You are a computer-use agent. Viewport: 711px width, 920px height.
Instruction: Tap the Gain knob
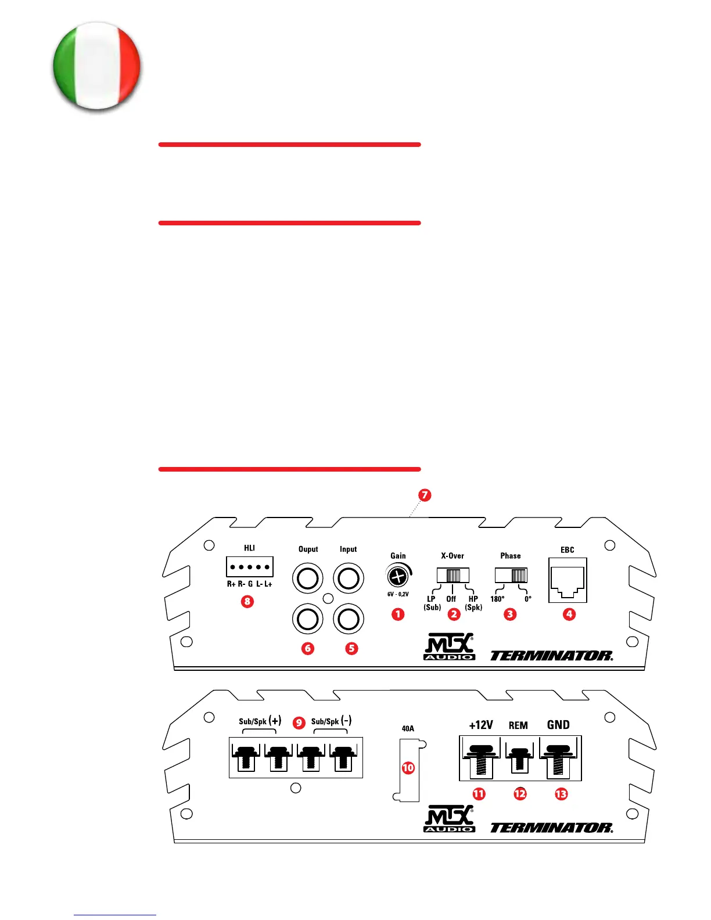397,576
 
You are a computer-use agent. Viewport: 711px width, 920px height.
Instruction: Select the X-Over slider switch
453,575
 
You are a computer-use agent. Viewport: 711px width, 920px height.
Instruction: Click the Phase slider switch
511,575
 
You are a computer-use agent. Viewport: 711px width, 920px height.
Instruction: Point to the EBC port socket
568,580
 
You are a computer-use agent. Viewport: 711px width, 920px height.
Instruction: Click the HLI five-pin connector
250,566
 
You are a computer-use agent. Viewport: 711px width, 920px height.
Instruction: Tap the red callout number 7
425,495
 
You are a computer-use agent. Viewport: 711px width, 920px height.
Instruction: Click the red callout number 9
299,723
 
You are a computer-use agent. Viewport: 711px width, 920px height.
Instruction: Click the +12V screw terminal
480,758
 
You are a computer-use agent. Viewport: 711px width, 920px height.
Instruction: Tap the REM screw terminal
519,758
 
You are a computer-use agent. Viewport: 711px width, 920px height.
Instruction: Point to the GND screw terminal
558,758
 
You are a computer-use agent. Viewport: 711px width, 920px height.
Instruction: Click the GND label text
558,725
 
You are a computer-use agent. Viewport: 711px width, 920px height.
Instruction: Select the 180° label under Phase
497,599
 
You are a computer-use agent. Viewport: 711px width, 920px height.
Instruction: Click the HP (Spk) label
473,603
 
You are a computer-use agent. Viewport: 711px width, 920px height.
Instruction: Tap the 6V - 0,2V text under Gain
398,594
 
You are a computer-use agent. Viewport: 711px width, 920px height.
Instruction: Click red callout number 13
561,793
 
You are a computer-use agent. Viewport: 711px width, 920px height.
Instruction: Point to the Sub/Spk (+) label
260,721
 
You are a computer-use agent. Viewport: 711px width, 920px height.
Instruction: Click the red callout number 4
569,614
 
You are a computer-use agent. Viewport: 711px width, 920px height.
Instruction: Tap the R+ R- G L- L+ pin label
249,584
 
